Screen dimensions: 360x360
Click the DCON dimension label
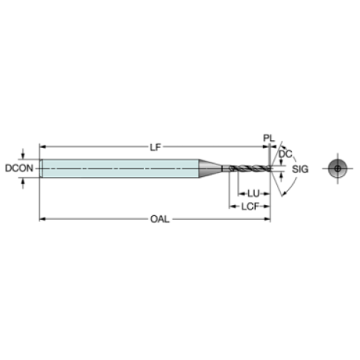pyautogui.click(x=19, y=168)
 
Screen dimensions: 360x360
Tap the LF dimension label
pyautogui.click(x=156, y=147)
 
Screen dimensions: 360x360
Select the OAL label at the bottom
pyautogui.click(x=160, y=219)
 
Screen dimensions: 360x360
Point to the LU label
pyautogui.click(x=253, y=194)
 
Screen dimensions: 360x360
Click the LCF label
pyautogui.click(x=250, y=206)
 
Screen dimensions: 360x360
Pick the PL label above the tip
pyautogui.click(x=269, y=138)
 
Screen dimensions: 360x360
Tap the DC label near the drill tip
pyautogui.click(x=286, y=154)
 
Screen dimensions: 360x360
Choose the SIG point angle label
pyautogui.click(x=300, y=169)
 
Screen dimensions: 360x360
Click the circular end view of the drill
pyautogui.click(x=338, y=168)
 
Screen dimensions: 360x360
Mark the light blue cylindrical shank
pyautogui.click(x=120, y=168)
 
